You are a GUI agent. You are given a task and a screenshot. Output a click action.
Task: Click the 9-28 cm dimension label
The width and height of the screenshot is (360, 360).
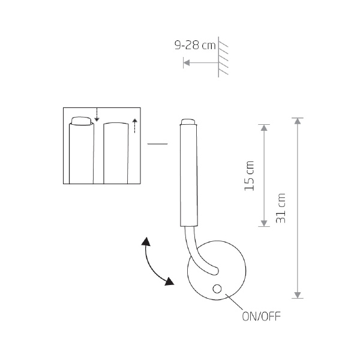pyautogui.click(x=195, y=45)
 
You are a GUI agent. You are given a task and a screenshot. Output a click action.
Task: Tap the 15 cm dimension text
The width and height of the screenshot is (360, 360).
pyautogui.click(x=250, y=176)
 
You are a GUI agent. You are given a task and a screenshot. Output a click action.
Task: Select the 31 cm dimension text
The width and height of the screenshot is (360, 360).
pyautogui.click(x=281, y=208)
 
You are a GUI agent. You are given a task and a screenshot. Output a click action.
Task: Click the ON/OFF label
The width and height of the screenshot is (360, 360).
pyautogui.click(x=261, y=316)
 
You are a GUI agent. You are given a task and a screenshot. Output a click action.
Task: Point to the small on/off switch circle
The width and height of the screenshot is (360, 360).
pyautogui.click(x=217, y=289)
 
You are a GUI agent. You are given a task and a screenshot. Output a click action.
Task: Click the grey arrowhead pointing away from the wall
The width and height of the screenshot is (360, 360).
pyautogui.click(x=187, y=62)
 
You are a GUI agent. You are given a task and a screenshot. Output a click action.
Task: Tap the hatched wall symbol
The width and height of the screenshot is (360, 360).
pyautogui.click(x=223, y=57)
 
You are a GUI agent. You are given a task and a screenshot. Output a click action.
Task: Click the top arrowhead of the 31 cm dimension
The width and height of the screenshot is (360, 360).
pyautogui.click(x=298, y=121)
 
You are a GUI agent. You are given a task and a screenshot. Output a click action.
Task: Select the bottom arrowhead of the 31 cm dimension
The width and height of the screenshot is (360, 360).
pyautogui.click(x=298, y=295)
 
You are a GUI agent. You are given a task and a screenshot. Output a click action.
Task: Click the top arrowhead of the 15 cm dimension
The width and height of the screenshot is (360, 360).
pyautogui.click(x=264, y=128)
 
